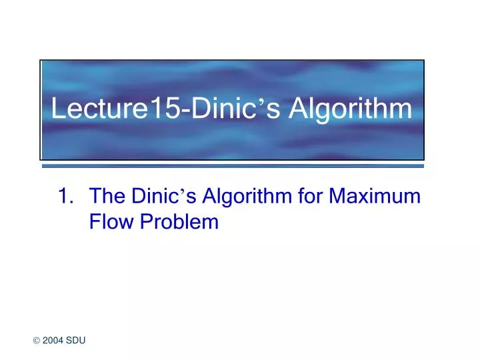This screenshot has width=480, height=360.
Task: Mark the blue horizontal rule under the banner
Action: pyautogui.click(x=233, y=165)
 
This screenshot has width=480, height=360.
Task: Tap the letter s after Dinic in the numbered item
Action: pyautogui.click(x=188, y=198)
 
